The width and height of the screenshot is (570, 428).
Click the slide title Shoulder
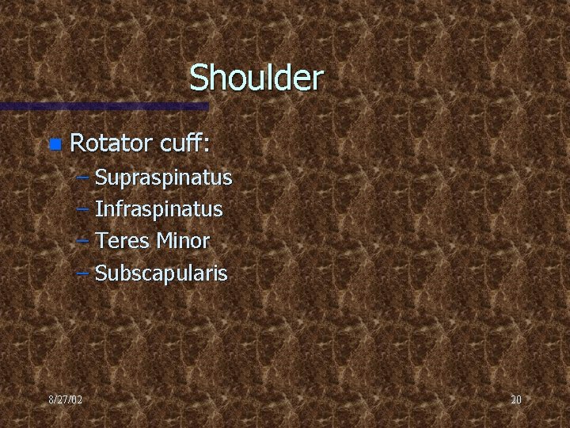(x=256, y=78)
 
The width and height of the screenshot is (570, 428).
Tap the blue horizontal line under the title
(x=103, y=105)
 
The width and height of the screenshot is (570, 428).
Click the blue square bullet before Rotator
(x=54, y=144)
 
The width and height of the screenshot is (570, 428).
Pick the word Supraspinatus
(x=163, y=178)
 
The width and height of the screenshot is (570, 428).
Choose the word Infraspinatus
(x=158, y=210)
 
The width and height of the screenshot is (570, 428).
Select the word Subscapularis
(x=161, y=274)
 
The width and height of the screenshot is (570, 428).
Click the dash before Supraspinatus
(x=83, y=178)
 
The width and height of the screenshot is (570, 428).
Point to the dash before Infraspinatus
(x=83, y=210)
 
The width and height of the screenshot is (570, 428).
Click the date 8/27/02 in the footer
(x=65, y=399)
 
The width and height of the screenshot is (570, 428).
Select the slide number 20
(x=515, y=399)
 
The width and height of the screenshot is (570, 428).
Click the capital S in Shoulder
(x=199, y=78)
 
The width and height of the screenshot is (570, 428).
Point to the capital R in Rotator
(x=78, y=143)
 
